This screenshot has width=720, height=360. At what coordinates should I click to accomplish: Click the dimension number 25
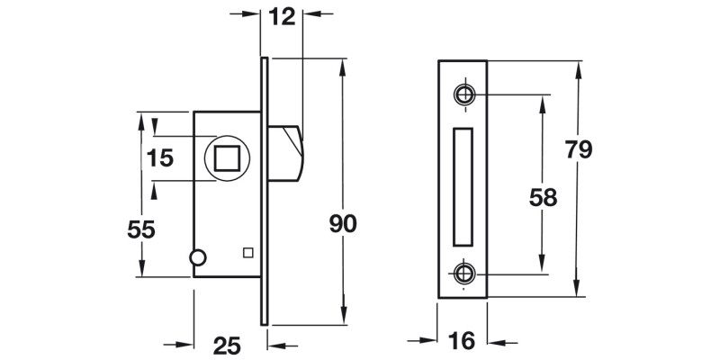point(229,344)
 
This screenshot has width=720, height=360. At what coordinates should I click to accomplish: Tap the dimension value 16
point(461,341)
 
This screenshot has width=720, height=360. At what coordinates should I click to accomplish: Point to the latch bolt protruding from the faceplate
point(289,153)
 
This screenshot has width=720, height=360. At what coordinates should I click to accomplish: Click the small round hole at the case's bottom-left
point(198,258)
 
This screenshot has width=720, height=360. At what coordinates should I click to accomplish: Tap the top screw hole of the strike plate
point(464,94)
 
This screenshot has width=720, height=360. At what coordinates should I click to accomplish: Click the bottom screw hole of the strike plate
point(464,273)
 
